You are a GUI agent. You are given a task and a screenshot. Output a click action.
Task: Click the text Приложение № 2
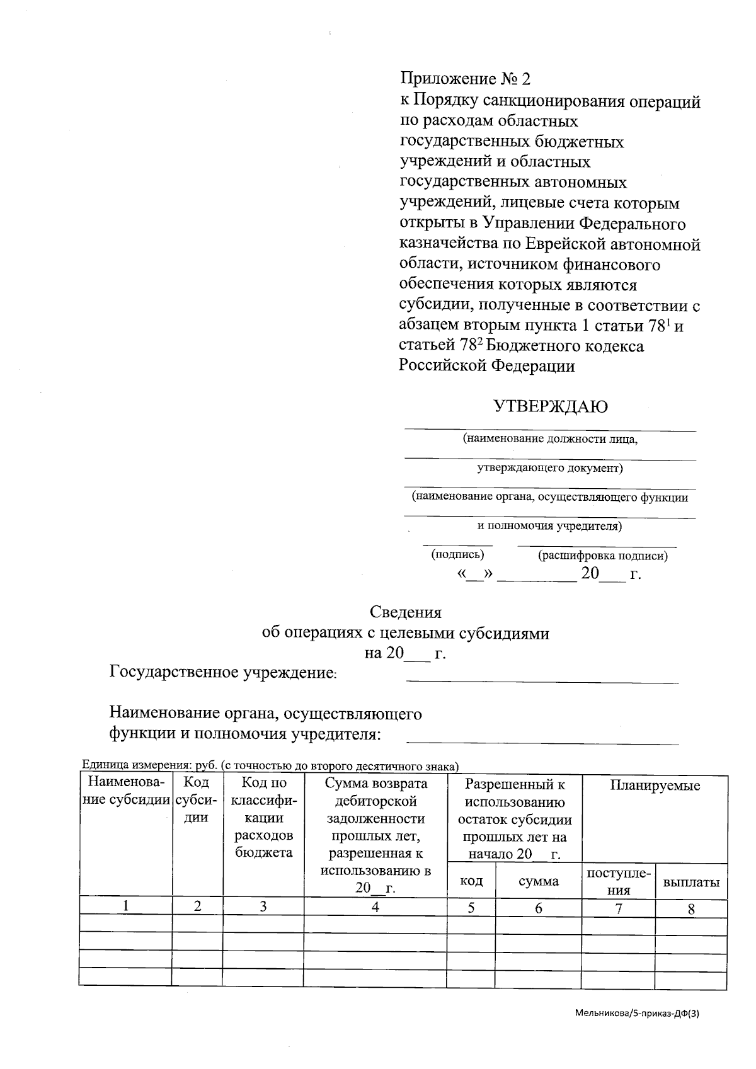click(466, 79)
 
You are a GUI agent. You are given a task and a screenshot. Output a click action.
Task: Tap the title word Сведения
click(405, 612)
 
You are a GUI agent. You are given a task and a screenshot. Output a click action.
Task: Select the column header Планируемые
click(655, 786)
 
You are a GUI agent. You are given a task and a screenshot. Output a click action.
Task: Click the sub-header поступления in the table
click(619, 881)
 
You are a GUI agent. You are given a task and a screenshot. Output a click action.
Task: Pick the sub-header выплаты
click(690, 883)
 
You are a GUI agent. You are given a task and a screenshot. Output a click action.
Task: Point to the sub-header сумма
click(538, 881)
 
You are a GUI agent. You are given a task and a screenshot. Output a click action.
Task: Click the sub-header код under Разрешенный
click(471, 881)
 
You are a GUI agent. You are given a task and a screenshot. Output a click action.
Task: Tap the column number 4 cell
click(375, 907)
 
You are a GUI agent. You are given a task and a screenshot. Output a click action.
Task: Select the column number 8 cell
click(691, 909)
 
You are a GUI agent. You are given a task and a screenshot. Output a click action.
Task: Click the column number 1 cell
click(126, 906)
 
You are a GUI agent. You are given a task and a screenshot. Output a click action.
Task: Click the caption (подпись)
click(457, 555)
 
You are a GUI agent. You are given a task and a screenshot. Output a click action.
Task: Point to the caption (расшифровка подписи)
click(602, 556)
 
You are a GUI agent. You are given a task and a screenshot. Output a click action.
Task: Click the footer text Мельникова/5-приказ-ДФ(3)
click(637, 1014)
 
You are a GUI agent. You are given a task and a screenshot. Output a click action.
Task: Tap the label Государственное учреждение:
click(224, 672)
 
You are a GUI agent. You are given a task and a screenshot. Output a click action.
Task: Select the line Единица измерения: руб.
click(270, 766)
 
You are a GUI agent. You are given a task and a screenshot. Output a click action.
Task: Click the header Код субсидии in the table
click(197, 800)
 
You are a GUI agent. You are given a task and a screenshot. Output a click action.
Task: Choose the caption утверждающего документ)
click(549, 468)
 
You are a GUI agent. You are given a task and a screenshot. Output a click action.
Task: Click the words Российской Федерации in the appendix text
click(486, 366)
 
